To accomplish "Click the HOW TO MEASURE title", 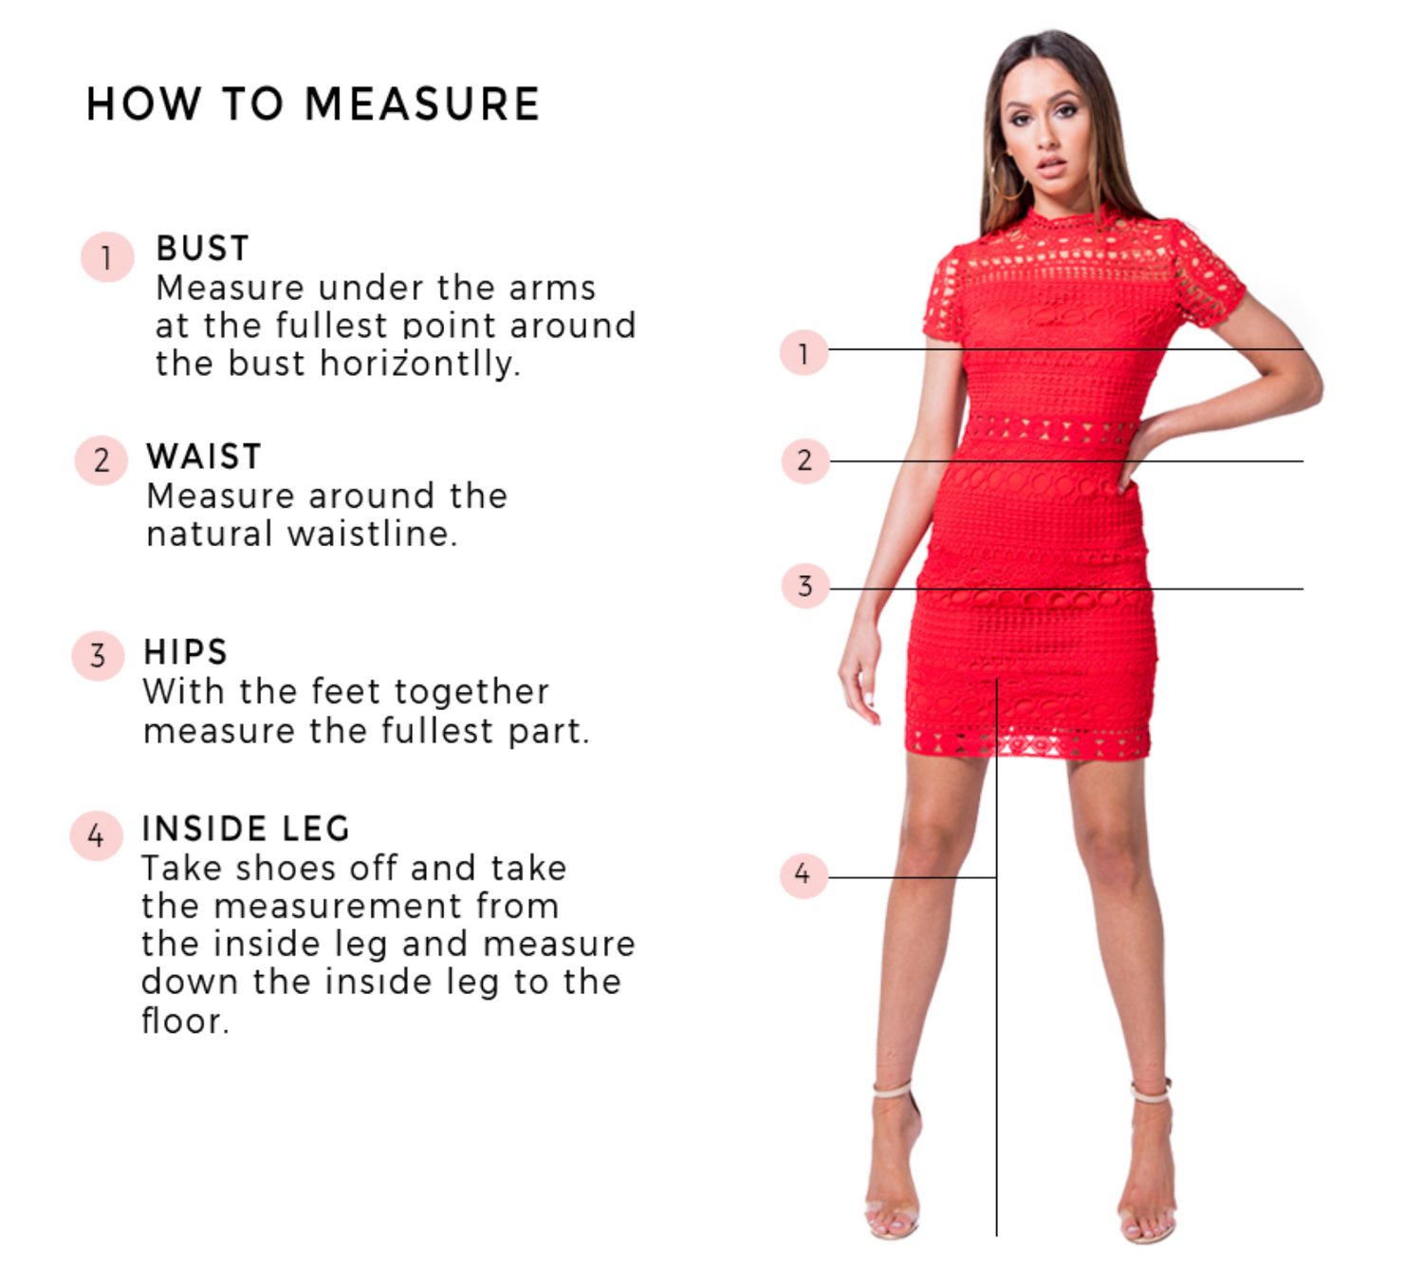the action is (312, 104).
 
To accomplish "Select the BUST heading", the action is (202, 248).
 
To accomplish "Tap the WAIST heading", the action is (204, 457).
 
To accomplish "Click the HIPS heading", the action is (185, 652).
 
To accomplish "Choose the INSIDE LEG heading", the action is (246, 829).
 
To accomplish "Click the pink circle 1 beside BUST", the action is (107, 257).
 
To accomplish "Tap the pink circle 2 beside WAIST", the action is (102, 460).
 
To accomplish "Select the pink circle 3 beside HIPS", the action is (99, 656).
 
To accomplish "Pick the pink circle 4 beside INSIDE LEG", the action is (96, 835).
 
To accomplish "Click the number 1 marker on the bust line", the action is (804, 352).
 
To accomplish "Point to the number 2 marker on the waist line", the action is (805, 461).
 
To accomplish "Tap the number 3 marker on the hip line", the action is (805, 586).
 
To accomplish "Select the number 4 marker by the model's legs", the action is (804, 875).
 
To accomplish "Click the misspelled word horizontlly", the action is (420, 365).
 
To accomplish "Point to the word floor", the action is (185, 1020).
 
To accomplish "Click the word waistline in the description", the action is (372, 534).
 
